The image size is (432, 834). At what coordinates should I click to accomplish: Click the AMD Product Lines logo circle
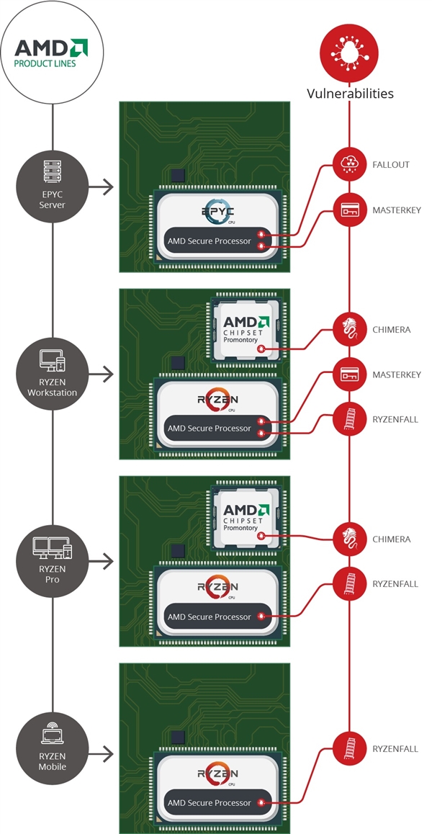click(x=53, y=53)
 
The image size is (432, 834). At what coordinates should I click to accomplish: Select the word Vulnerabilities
click(x=351, y=94)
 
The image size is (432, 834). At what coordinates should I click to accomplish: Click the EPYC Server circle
click(x=53, y=187)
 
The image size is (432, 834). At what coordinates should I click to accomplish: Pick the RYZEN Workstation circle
click(x=53, y=374)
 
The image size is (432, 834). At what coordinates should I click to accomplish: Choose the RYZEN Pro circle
click(x=53, y=560)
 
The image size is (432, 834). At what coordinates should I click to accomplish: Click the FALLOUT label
click(x=391, y=165)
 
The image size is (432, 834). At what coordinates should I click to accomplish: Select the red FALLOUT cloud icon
click(x=350, y=165)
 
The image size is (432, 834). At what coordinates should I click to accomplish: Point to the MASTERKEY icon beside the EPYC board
click(x=350, y=210)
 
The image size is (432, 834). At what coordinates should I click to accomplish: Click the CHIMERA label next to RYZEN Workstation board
click(x=392, y=330)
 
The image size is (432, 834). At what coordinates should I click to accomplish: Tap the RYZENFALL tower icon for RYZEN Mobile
click(x=350, y=749)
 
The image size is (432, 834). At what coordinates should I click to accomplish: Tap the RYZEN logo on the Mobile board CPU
click(x=218, y=775)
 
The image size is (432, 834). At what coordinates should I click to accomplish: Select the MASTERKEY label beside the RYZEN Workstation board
click(x=397, y=375)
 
